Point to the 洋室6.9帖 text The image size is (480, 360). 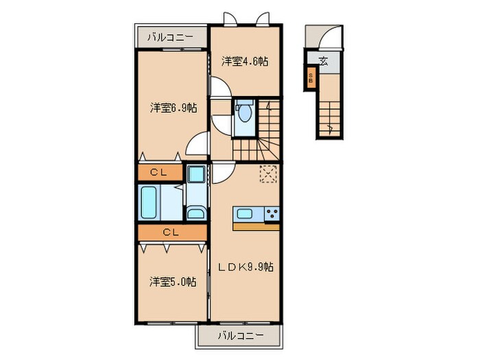pos(174,108)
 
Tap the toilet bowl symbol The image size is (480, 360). pos(245,111)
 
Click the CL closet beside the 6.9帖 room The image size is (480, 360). pos(160,173)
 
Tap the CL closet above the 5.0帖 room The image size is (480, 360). pos(171,233)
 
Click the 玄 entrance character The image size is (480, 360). pos(323,60)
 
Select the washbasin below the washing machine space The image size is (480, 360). pos(195,213)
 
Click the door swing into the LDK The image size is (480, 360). pos(223,171)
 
